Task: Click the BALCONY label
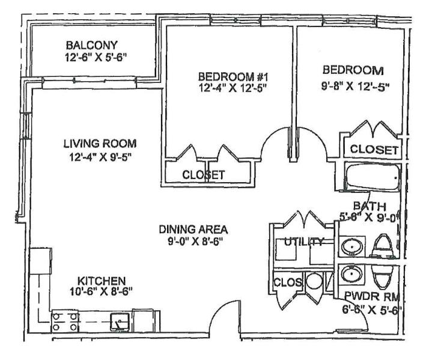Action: [92, 45]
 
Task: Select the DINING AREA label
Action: [193, 230]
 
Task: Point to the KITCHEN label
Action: [102, 281]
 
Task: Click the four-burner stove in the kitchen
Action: [65, 322]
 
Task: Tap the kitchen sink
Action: [120, 322]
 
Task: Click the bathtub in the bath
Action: [373, 177]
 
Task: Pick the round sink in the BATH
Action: [352, 247]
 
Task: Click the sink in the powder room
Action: [352, 274]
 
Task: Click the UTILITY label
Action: [304, 241]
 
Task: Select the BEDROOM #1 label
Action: [233, 77]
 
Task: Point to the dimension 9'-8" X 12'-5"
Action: [355, 87]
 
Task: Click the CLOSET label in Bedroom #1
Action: [204, 175]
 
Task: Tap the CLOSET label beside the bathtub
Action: [374, 149]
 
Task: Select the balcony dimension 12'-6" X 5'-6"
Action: [96, 57]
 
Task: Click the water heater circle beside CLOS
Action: [314, 281]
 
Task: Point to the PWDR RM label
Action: [372, 296]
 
